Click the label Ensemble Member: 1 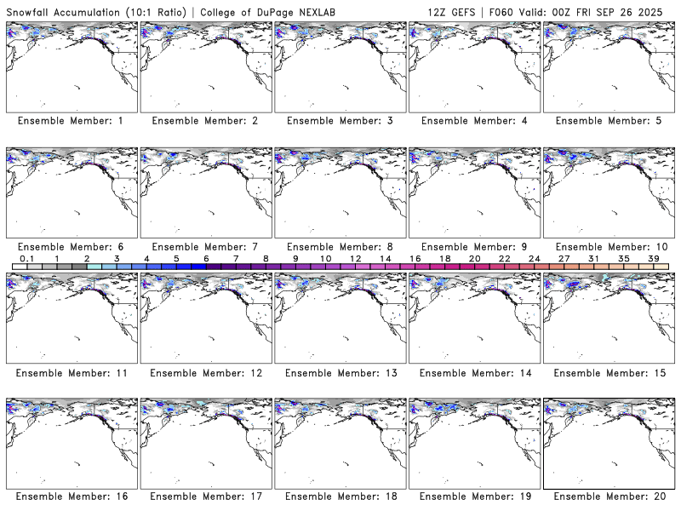71,121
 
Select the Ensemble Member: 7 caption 205,247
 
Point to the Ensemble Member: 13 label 340,373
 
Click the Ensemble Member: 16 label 71,496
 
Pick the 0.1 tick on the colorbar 26,258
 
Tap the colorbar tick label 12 355,258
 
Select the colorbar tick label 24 534,258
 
